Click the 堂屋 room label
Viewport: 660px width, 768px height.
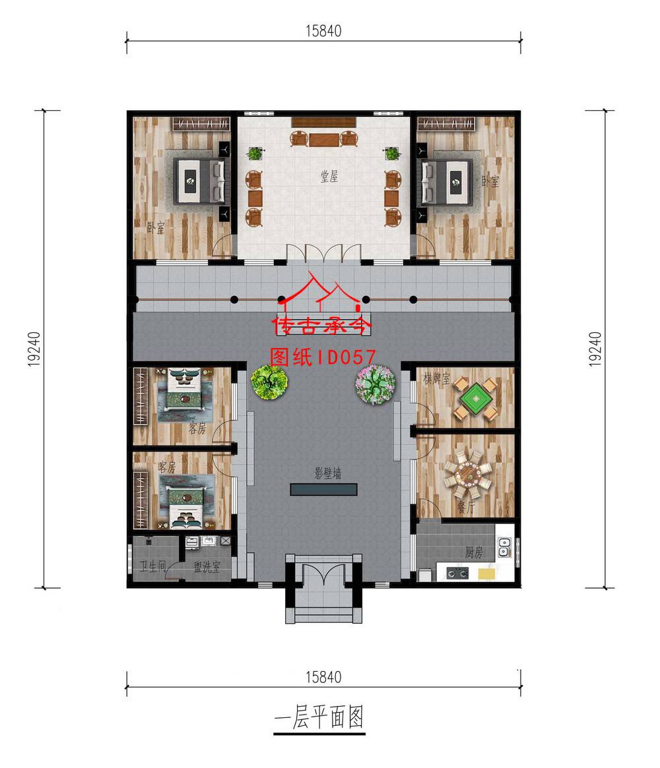(x=329, y=176)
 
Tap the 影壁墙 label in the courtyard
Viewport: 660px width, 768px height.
(x=327, y=473)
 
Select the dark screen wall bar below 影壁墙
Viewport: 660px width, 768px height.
(x=323, y=489)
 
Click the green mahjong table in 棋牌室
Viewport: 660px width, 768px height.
(x=475, y=399)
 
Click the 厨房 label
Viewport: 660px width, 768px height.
(x=474, y=552)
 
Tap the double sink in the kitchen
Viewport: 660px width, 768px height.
(x=504, y=547)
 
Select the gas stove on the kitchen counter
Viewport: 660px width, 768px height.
(x=457, y=573)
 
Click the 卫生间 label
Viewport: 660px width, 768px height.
(x=153, y=567)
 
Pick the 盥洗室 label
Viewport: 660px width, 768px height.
(x=207, y=567)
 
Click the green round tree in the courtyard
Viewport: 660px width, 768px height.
(x=269, y=382)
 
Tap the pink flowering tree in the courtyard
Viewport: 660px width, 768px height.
(x=375, y=384)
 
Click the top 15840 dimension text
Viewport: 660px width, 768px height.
(x=323, y=31)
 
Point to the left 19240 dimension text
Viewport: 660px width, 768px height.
(x=34, y=349)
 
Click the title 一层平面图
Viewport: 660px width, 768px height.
(x=319, y=717)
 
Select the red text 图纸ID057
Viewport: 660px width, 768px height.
(x=323, y=357)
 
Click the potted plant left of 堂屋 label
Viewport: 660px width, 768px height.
(x=255, y=154)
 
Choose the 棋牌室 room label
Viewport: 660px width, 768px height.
(x=436, y=378)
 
